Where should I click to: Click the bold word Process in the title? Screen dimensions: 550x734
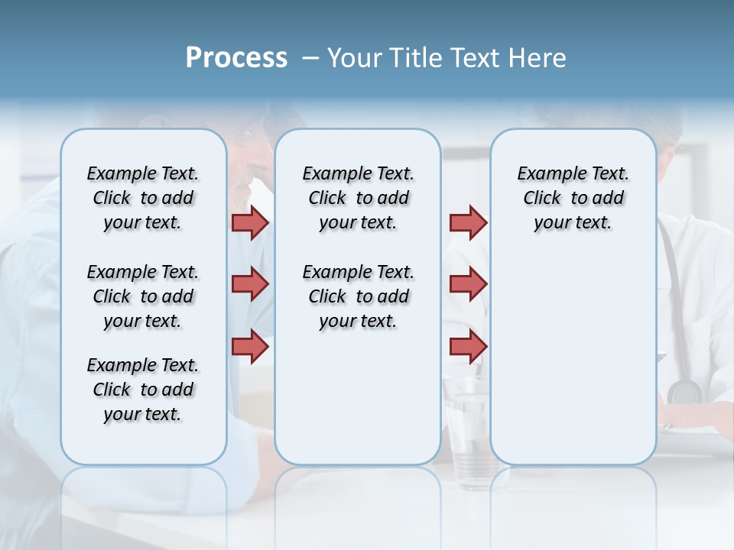point(236,58)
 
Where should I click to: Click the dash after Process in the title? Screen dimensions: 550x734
point(310,58)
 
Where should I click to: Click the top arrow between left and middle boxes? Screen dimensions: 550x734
point(250,223)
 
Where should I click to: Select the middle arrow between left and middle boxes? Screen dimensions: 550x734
point(250,284)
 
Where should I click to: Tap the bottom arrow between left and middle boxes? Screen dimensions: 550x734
point(250,346)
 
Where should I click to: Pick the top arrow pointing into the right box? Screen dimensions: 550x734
point(468,223)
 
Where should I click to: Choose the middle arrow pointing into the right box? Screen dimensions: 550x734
point(468,284)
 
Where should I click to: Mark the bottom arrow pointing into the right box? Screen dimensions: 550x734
point(468,346)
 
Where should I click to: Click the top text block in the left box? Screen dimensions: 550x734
point(143,198)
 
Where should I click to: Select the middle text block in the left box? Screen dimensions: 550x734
point(143,296)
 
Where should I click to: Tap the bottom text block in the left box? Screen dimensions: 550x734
point(143,390)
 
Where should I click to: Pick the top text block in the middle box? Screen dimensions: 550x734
point(358,198)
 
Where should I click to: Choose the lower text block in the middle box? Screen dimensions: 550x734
point(358,296)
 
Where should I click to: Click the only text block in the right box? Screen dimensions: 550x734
point(573,198)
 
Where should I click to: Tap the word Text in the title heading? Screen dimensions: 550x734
point(473,58)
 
